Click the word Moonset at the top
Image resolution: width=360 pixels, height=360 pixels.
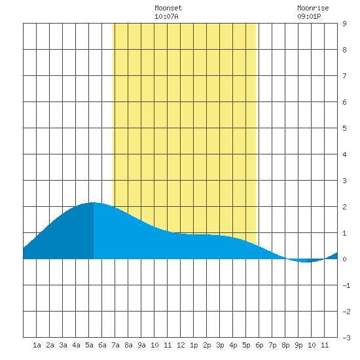pos(168,8)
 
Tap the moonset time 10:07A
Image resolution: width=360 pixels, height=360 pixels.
pos(166,16)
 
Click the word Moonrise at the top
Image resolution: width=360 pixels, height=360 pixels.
pos(313,8)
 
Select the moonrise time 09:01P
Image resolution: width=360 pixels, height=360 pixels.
pos(309,16)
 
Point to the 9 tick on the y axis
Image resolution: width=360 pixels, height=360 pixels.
pos(344,24)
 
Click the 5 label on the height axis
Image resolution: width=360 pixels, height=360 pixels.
pos(344,128)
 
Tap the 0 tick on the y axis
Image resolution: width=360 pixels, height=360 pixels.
pos(344,259)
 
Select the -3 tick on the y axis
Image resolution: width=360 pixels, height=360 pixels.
pos(346,338)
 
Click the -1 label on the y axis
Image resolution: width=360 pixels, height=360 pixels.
pos(346,285)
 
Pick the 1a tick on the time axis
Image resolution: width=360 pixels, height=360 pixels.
pos(37,345)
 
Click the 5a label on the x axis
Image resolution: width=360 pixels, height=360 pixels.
pos(89,345)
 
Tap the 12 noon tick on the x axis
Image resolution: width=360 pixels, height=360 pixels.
pos(181,345)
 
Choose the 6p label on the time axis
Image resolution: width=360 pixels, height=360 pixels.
pos(259,345)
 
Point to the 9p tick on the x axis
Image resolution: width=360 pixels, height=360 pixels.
pos(298,345)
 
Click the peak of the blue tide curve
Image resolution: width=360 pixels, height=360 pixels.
pos(92,202)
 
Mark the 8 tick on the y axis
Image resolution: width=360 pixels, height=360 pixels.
pos(344,50)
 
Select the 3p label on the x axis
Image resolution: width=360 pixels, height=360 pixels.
pos(220,345)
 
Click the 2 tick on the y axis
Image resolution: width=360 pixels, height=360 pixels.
pos(344,207)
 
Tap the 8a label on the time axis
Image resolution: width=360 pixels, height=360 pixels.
pos(128,345)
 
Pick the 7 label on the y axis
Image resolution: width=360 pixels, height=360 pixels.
pos(344,76)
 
